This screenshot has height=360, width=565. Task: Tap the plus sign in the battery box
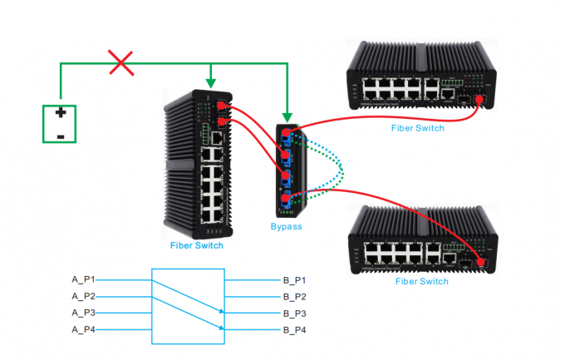tap(61, 113)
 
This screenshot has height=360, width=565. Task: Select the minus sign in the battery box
tap(60, 134)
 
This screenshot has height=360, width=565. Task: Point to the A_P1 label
tap(83, 279)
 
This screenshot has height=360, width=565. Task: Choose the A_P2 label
tap(83, 296)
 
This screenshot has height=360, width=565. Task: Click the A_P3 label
tap(83, 313)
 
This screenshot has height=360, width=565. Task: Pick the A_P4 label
tap(83, 330)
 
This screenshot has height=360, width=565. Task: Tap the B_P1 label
tap(294, 279)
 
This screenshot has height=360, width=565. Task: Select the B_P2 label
tap(294, 296)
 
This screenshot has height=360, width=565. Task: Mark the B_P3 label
tap(294, 313)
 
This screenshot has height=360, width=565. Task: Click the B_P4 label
tap(294, 330)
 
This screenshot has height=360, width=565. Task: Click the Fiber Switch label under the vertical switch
tap(197, 245)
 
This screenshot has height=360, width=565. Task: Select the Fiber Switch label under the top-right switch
tap(418, 128)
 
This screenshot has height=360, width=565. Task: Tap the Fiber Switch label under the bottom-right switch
tap(422, 281)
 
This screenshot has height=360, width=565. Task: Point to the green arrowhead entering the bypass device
tap(287, 116)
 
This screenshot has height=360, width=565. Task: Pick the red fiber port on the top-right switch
tap(479, 100)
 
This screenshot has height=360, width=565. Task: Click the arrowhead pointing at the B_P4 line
tap(222, 328)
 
